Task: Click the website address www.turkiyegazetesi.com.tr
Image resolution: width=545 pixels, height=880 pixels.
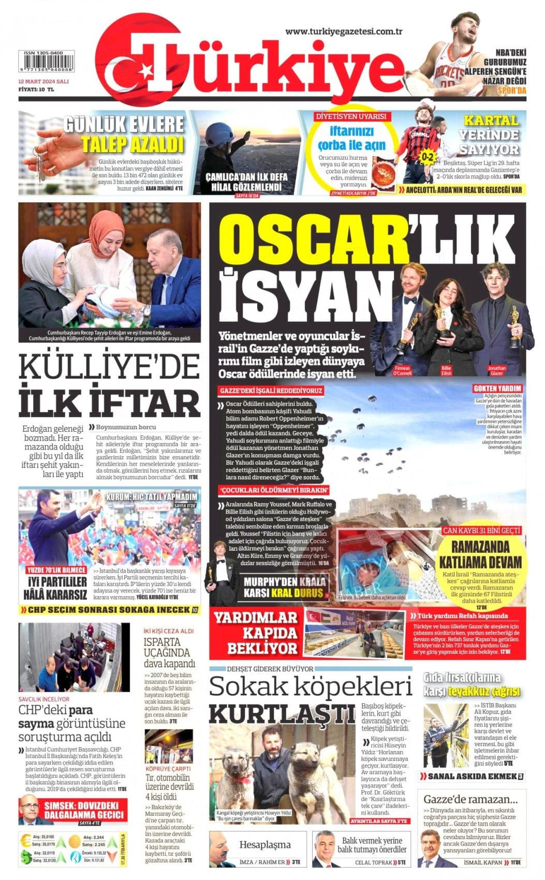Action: [x=344, y=31]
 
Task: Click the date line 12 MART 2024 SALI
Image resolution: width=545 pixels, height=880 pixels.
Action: [x=44, y=82]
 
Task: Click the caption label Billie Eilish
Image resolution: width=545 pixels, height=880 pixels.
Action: [x=446, y=371]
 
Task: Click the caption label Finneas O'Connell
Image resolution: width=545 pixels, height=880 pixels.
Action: [x=402, y=371]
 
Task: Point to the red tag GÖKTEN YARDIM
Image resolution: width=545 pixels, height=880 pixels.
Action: [x=497, y=388]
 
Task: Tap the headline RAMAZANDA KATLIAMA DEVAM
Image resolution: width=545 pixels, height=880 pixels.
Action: [x=480, y=554]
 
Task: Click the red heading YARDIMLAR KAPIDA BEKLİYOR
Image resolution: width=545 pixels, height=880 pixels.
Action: [x=255, y=633]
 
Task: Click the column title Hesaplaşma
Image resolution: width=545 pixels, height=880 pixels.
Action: [x=265, y=845]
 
